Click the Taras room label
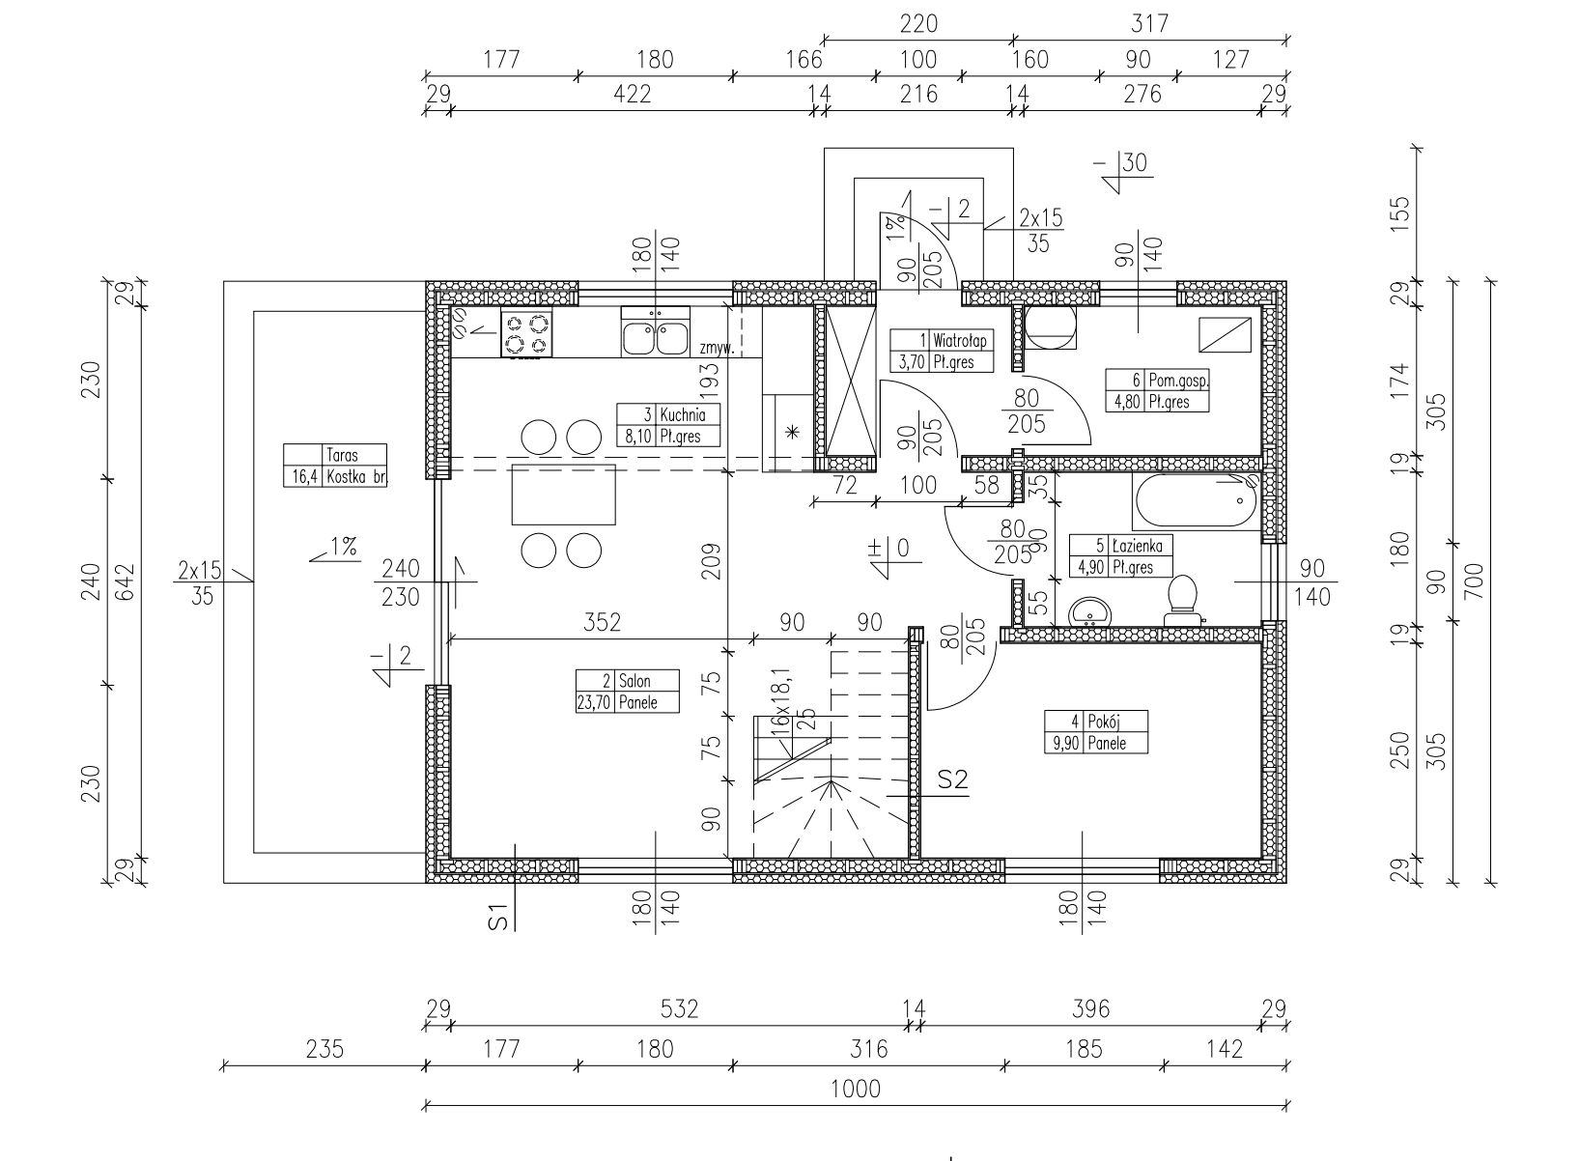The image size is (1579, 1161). point(342,455)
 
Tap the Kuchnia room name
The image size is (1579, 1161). point(683,414)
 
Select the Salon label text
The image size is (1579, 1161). point(634,681)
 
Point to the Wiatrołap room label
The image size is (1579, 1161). point(959,340)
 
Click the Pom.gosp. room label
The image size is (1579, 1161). point(1178,381)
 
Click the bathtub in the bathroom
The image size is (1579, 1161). point(1197,501)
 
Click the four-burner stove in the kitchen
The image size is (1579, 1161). point(526,333)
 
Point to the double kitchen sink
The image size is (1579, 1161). point(656,332)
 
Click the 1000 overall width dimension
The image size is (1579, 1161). point(855,1090)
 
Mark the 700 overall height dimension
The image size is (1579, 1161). point(1474,581)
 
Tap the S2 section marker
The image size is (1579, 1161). point(952,779)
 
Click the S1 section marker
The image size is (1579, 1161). point(497,917)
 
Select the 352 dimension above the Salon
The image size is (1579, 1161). point(602,622)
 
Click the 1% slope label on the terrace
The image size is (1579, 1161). point(343,547)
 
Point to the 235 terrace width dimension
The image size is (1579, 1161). point(324,1050)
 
